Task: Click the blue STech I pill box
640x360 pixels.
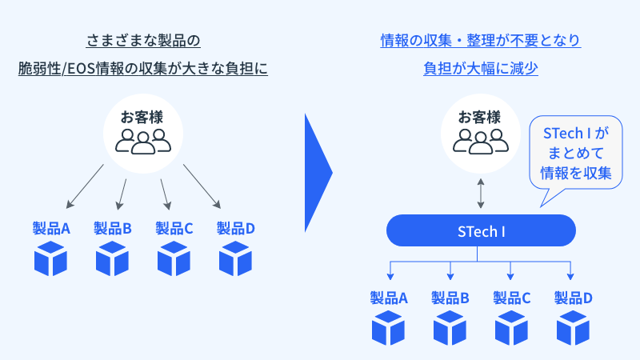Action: pyautogui.click(x=481, y=231)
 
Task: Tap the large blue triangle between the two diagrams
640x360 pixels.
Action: pyautogui.click(x=318, y=171)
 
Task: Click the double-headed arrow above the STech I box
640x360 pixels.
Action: pyautogui.click(x=481, y=193)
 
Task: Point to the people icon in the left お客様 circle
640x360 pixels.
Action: pyautogui.click(x=143, y=141)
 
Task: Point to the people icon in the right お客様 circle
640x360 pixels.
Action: pyautogui.click(x=481, y=141)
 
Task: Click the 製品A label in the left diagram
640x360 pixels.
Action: pyautogui.click(x=51, y=229)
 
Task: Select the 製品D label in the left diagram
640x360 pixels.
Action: pyautogui.click(x=236, y=229)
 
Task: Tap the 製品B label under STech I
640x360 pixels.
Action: pyautogui.click(x=450, y=298)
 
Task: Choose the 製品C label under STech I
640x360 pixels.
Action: pyautogui.click(x=512, y=298)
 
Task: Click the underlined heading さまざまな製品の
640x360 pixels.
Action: pyautogui.click(x=143, y=40)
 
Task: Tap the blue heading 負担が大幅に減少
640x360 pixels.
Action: pyautogui.click(x=481, y=69)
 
